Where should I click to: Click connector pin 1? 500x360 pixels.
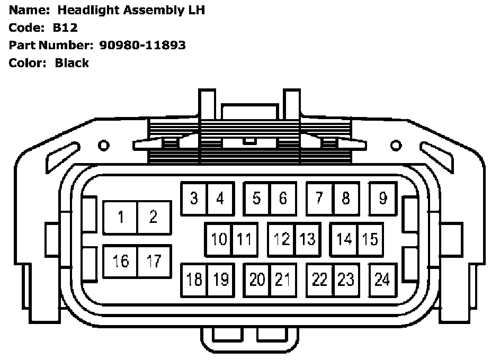(120, 217)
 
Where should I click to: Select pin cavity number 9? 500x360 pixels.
(382, 199)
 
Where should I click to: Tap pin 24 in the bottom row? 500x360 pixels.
(382, 280)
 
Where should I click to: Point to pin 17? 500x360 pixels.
(154, 261)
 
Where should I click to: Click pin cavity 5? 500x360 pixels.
(256, 199)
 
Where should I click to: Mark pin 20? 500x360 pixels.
(257, 280)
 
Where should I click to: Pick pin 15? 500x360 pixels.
(370, 239)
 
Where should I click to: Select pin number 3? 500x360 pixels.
(194, 199)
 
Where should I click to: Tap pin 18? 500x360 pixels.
(194, 280)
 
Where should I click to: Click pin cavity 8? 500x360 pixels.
(346, 199)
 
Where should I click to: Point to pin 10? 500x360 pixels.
(219, 239)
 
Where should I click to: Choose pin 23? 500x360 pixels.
(346, 280)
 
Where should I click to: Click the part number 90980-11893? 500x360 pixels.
(142, 45)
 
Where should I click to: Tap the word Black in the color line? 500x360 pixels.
(72, 63)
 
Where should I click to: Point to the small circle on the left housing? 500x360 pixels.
(104, 145)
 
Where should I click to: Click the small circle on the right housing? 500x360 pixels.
(396, 145)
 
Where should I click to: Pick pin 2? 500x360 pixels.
(154, 217)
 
